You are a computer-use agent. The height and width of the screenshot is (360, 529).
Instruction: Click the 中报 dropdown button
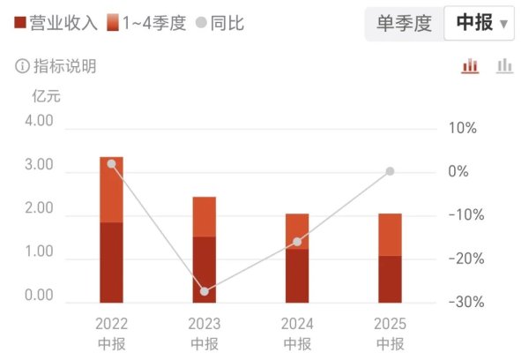(481, 25)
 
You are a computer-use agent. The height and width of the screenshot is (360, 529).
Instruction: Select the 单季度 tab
(404, 25)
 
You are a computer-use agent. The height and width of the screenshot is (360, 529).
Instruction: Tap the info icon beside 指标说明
(21, 66)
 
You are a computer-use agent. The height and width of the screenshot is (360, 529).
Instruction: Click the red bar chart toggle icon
(470, 66)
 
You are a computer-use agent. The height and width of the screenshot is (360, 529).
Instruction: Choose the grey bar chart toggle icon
(504, 66)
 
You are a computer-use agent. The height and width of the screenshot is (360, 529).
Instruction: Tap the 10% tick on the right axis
(462, 128)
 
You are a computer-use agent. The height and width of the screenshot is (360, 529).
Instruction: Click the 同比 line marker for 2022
(111, 164)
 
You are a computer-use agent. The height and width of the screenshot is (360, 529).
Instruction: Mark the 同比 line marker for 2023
(205, 291)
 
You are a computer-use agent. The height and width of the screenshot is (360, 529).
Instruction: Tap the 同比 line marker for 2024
(297, 242)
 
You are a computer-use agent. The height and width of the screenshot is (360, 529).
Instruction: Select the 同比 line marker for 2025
(390, 171)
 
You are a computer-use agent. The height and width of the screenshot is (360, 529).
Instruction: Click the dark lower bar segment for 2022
(111, 262)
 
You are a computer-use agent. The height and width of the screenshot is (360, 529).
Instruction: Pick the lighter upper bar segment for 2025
(390, 235)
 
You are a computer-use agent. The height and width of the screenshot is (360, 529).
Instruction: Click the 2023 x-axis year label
(205, 324)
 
